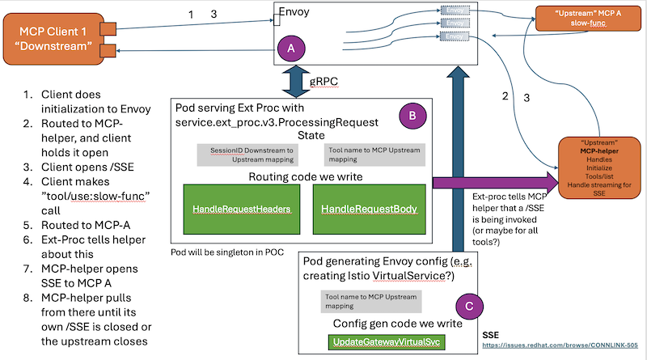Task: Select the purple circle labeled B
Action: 411,116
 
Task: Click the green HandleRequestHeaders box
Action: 241,209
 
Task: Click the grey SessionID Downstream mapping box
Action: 241,154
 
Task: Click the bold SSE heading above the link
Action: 490,333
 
